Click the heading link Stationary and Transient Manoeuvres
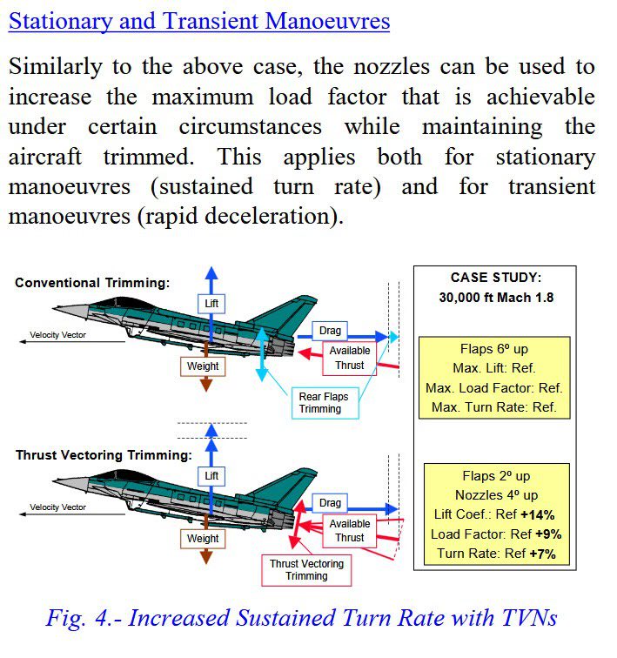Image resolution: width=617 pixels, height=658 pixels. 199,22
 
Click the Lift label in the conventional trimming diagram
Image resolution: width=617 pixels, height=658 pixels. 211,303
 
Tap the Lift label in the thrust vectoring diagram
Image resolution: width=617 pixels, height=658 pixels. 211,476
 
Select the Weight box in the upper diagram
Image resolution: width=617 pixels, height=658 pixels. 203,366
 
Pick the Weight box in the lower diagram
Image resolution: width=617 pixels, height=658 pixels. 203,539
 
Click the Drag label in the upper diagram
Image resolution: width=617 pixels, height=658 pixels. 331,331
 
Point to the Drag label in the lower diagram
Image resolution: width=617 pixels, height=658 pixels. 330,503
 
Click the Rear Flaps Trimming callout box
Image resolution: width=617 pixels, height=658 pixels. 324,403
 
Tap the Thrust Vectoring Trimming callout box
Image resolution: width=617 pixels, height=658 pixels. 306,570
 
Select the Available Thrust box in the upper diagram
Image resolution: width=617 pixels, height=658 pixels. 349,357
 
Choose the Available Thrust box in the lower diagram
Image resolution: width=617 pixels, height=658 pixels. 349,531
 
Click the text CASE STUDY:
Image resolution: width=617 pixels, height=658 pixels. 496,278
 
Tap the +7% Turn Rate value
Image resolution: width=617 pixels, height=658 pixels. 537,553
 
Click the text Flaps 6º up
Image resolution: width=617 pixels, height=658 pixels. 494,350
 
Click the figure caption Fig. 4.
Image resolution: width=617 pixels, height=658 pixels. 301,618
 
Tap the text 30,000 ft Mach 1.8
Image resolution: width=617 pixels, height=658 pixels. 496,297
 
